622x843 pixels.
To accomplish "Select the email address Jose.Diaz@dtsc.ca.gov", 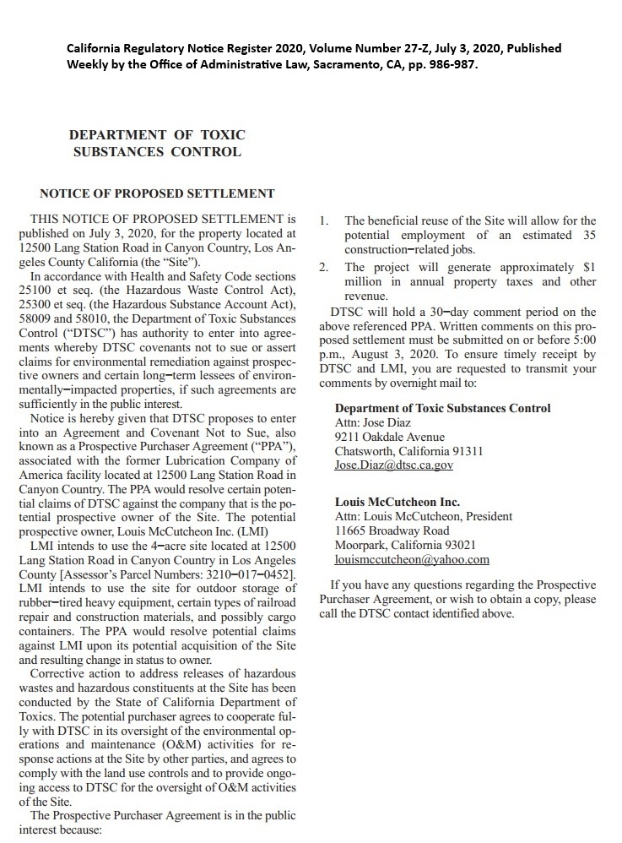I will click(394, 465).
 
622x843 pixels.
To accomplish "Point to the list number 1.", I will click(323, 221).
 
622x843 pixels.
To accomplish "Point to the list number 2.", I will click(323, 268).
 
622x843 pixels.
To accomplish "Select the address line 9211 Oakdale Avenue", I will click(389, 438).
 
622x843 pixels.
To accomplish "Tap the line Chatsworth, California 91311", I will click(408, 451).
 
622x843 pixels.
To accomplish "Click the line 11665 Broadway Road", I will click(392, 530).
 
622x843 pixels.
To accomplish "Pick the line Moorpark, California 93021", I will click(405, 545).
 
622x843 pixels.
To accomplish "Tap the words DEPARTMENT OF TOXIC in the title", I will click(157, 135).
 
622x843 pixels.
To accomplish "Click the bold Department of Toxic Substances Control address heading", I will click(442, 409).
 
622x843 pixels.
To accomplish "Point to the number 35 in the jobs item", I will click(588, 236).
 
